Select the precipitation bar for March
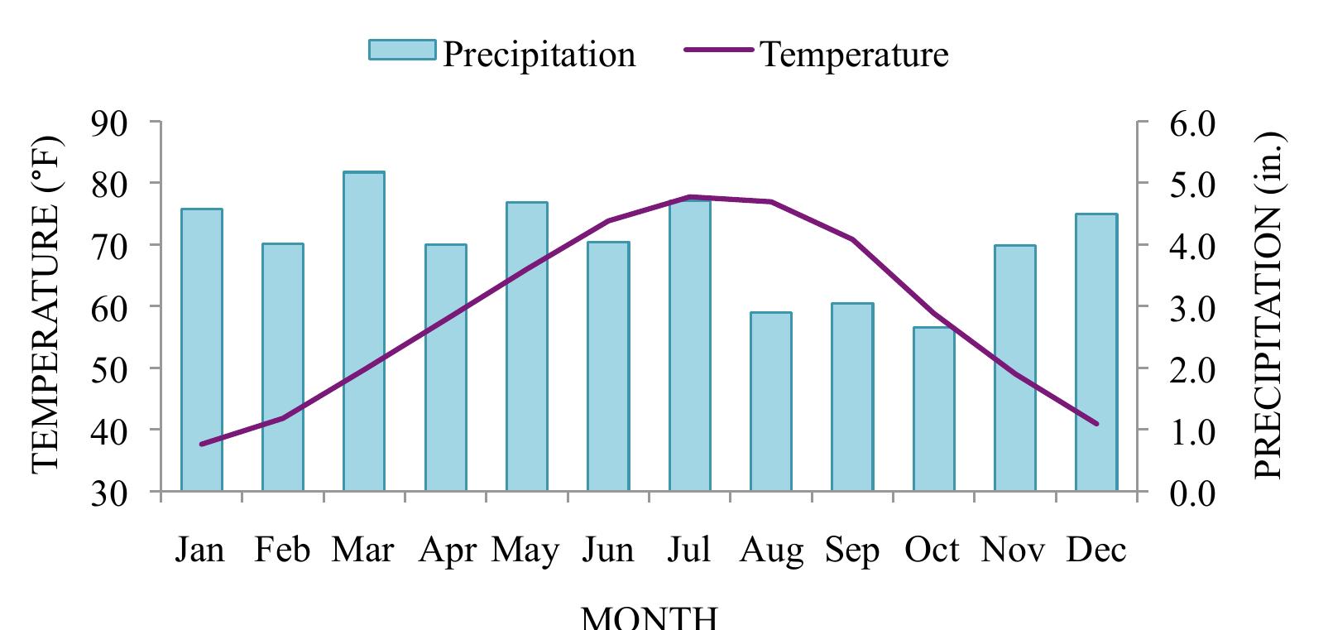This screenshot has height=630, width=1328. (364, 331)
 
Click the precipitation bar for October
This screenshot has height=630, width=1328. (933, 409)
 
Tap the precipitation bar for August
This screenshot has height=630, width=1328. (771, 402)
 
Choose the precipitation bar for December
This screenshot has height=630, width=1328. (1096, 352)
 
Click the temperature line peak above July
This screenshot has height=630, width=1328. (690, 197)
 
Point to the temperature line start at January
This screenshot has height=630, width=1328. (202, 444)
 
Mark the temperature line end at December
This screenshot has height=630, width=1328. (1096, 423)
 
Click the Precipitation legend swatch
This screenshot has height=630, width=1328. (402, 50)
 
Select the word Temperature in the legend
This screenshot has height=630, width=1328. (853, 55)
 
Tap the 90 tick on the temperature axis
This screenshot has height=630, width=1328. (109, 123)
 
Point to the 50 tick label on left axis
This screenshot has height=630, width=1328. (109, 368)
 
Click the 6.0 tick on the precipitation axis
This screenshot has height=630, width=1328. (1191, 123)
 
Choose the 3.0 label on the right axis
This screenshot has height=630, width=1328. (1191, 307)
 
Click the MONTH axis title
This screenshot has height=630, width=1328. (650, 618)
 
